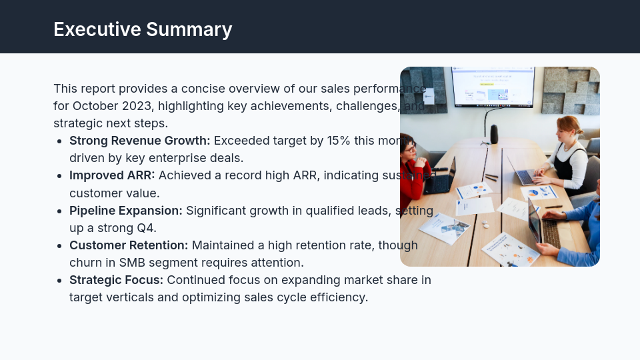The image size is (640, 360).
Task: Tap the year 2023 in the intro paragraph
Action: (137, 106)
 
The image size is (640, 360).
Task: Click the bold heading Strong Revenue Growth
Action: (139, 141)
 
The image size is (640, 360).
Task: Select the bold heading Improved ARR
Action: (111, 175)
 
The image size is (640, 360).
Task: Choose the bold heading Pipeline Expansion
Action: (125, 211)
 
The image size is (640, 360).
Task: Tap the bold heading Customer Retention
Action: (129, 245)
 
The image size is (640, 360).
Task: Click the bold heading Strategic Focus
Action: (116, 280)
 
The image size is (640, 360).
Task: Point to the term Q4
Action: (146, 228)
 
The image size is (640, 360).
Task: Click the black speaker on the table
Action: (494, 134)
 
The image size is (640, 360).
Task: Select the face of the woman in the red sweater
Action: (409, 148)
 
